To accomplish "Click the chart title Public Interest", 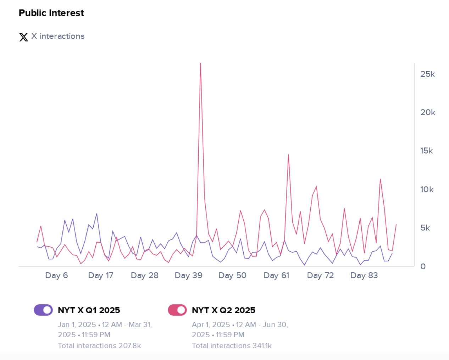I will pyautogui.click(x=51, y=13).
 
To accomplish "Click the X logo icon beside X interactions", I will pyautogui.click(x=23, y=37).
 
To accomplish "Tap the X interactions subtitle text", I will pyautogui.click(x=58, y=36).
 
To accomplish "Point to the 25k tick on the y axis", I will pyautogui.click(x=427, y=74).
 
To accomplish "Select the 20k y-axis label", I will pyautogui.click(x=427, y=112).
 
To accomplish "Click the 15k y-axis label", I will pyautogui.click(x=426, y=151).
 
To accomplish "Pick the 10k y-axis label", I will pyautogui.click(x=427, y=190).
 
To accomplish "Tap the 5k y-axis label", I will pyautogui.click(x=425, y=228).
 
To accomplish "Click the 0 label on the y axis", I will pyautogui.click(x=423, y=266).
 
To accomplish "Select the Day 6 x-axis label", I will pyautogui.click(x=56, y=275).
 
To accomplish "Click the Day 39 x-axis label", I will pyautogui.click(x=188, y=275).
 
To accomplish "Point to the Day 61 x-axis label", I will pyautogui.click(x=276, y=275).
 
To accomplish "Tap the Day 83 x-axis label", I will pyautogui.click(x=364, y=275).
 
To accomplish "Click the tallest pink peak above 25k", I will pyautogui.click(x=200, y=64).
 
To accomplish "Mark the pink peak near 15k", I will pyautogui.click(x=288, y=154).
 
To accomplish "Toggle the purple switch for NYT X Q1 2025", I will pyautogui.click(x=43, y=310).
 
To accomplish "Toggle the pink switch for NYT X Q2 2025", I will pyautogui.click(x=177, y=310).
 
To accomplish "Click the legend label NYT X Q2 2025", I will pyautogui.click(x=223, y=310).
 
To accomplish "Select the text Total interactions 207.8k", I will pyautogui.click(x=99, y=345).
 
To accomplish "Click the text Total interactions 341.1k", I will pyautogui.click(x=232, y=345).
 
